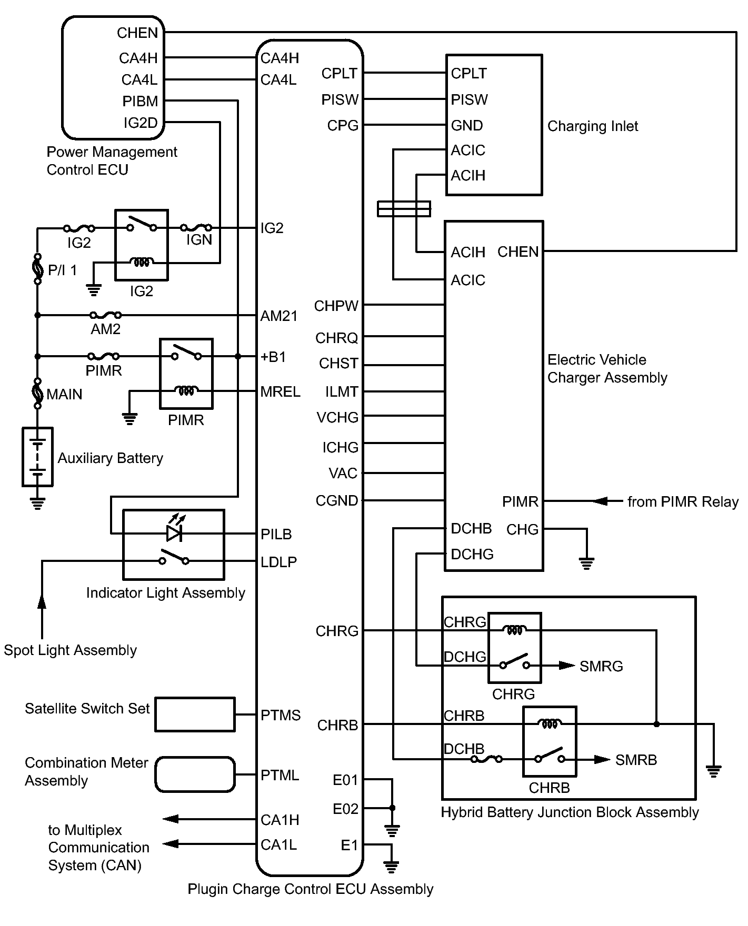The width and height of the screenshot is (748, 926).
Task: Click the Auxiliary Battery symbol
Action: tap(37, 457)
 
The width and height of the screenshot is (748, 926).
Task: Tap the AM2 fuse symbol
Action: tap(106, 315)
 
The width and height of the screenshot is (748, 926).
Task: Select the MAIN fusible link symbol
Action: tap(37, 393)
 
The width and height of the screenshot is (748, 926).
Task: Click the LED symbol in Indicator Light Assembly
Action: tap(174, 533)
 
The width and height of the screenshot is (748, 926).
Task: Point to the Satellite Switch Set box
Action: tap(195, 714)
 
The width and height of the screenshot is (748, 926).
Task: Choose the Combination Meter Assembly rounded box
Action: tap(195, 774)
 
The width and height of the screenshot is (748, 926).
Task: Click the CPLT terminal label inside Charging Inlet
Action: tap(469, 73)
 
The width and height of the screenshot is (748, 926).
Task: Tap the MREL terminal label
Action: tap(280, 392)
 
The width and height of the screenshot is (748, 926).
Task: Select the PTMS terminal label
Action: tap(281, 715)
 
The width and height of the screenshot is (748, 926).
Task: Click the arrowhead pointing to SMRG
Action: tap(567, 666)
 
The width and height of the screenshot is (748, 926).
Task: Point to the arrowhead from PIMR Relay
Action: tap(600, 501)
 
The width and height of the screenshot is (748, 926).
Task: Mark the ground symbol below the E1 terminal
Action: tap(391, 867)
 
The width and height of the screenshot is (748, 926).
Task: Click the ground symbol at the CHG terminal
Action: tap(586, 563)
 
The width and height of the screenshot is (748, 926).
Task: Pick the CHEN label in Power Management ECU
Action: tap(137, 33)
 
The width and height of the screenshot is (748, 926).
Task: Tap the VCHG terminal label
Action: tap(337, 418)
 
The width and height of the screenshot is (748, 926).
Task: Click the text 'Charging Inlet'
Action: tap(592, 126)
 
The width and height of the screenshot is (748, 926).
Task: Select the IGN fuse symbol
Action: tap(196, 228)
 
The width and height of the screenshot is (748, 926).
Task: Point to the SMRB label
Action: tap(636, 760)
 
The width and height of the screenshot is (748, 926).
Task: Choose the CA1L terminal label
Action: tap(279, 845)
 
